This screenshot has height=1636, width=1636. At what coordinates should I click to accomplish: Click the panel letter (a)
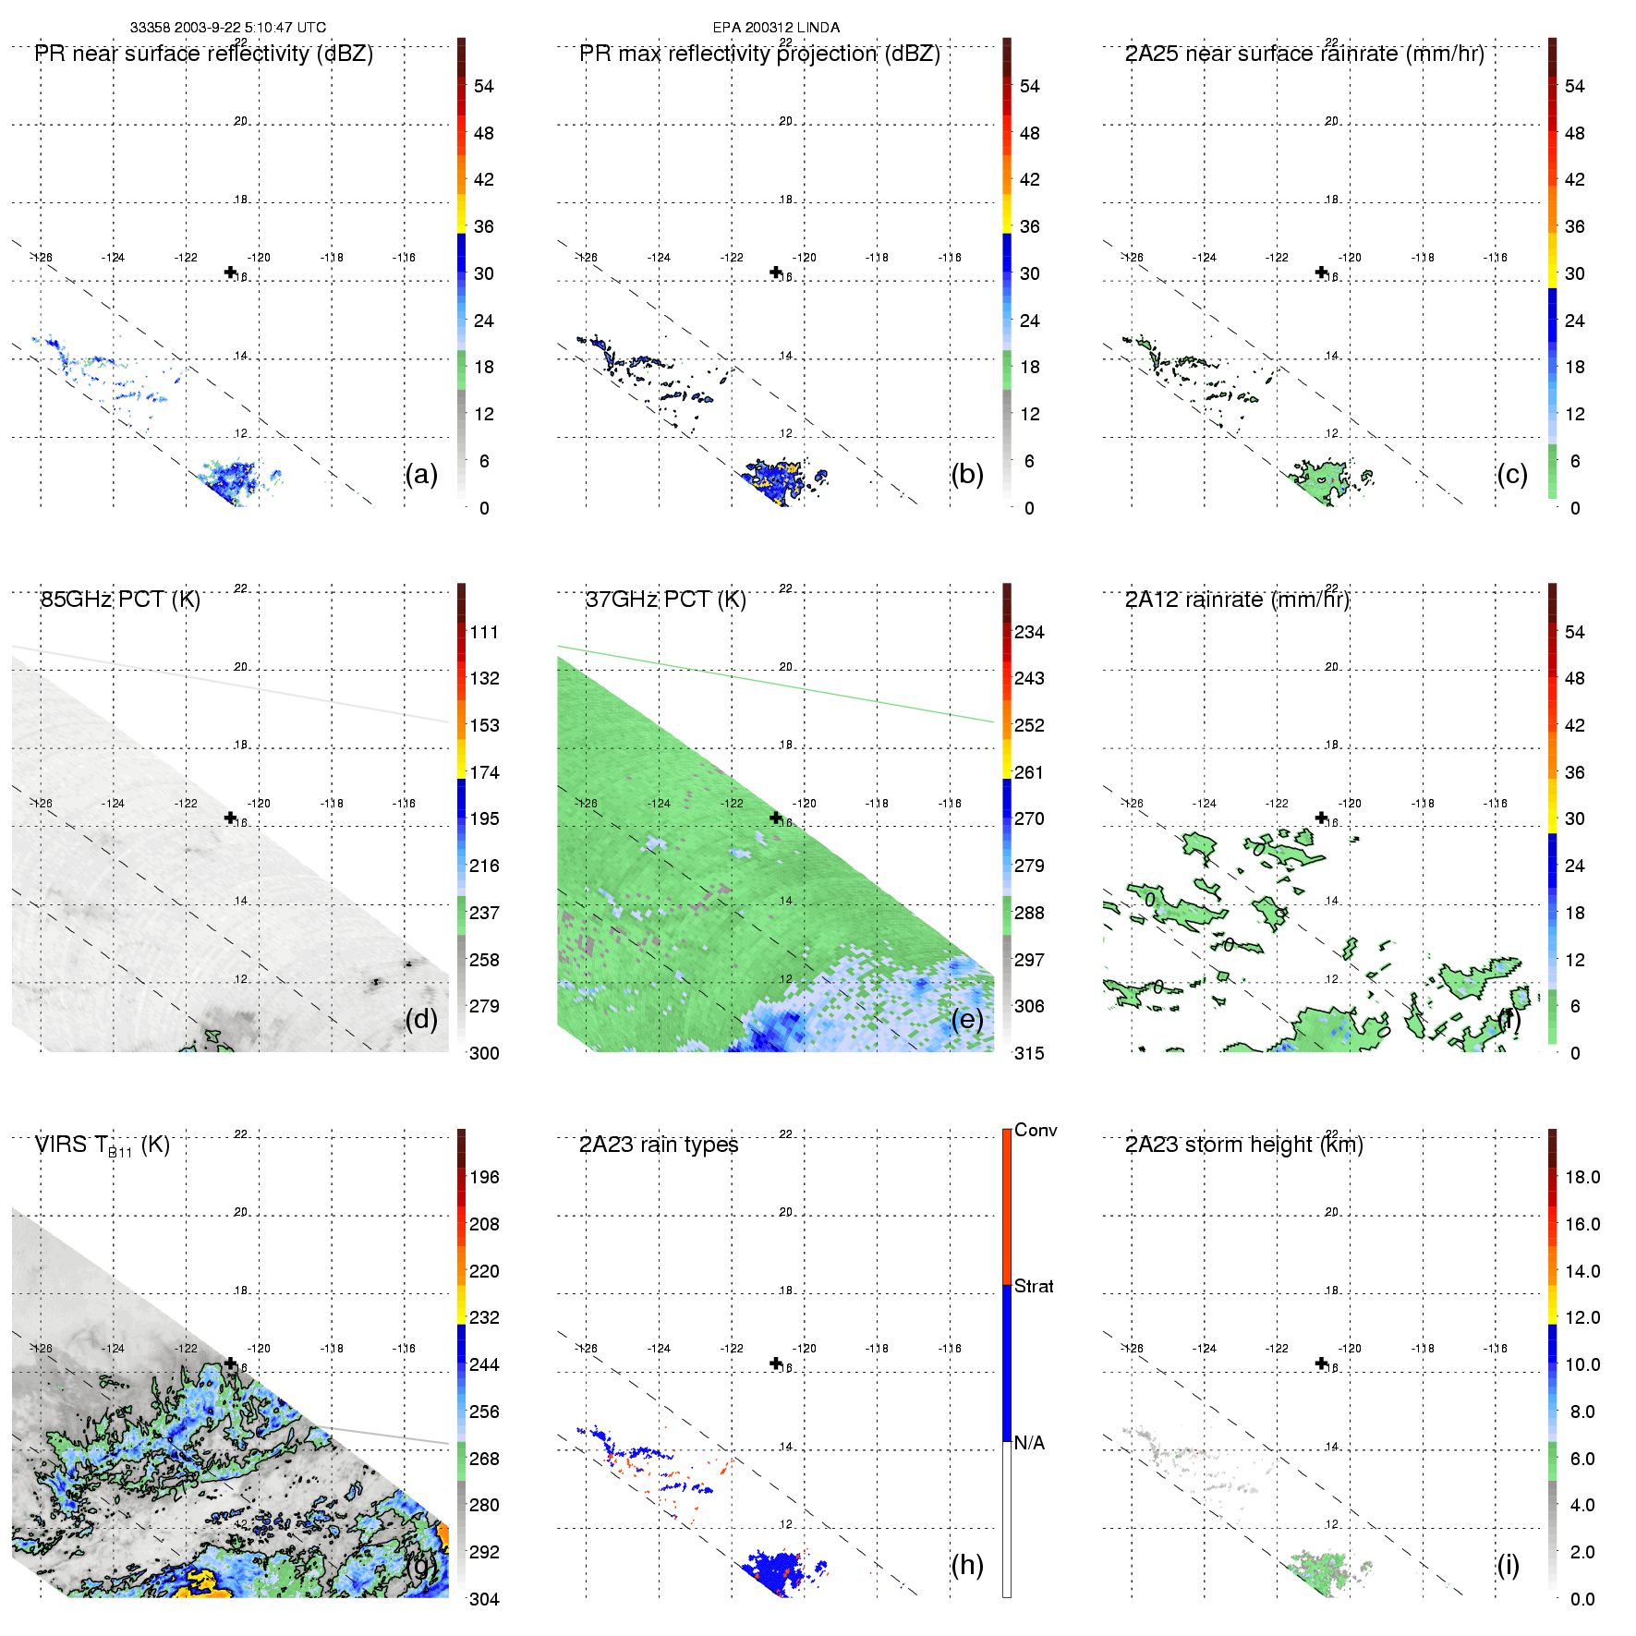coord(420,474)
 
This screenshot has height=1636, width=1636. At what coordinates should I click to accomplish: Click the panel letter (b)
coord(966,474)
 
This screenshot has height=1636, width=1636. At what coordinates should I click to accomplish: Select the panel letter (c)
coord(1511,474)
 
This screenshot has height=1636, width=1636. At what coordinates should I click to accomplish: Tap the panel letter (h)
coord(966,1564)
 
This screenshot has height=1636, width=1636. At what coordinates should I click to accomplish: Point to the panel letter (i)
coord(1508,1564)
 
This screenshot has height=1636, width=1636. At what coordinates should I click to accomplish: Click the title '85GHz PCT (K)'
coord(120,600)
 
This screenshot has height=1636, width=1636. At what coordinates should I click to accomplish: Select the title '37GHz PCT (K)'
coord(665,600)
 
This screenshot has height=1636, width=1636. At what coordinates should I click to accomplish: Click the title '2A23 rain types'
coord(659,1145)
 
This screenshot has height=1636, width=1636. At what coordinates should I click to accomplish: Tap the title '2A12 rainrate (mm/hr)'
coord(1237,600)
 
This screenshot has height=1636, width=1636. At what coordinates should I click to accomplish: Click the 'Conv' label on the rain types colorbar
coord(1036,1130)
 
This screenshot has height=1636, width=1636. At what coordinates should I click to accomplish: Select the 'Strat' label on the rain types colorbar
coord(1034,1286)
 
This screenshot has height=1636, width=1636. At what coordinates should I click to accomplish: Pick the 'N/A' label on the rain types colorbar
coord(1029,1443)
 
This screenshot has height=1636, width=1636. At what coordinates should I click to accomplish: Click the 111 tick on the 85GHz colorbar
coord(484,632)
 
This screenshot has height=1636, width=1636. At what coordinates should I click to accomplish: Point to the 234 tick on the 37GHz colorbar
coord(1029,632)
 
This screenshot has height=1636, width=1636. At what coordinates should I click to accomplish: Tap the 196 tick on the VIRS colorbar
coord(484,1177)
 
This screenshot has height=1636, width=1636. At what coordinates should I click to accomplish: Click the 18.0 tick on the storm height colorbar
coord(1581,1177)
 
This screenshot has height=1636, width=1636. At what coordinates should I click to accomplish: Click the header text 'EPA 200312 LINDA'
coord(776,28)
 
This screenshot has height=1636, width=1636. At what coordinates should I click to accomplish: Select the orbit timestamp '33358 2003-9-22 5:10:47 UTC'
coord(227,28)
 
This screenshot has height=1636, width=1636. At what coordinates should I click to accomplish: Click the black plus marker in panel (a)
coord(230,272)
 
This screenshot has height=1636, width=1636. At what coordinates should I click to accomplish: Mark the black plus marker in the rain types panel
coord(776,1363)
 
